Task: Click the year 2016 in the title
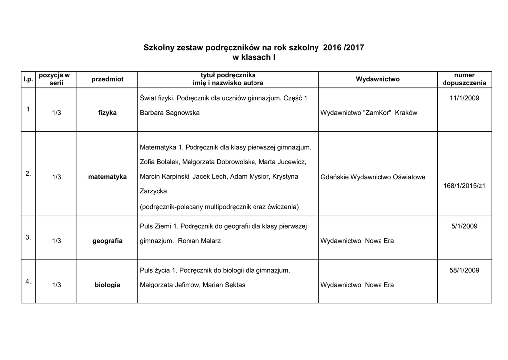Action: tap(332, 48)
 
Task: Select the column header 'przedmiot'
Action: tap(108, 79)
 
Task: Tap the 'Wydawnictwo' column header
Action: tap(378, 79)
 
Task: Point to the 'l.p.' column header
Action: tap(27, 79)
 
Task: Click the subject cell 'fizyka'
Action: tap(107, 113)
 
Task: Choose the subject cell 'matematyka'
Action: tap(107, 177)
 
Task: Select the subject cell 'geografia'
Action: tap(107, 241)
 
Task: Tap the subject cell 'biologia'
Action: tap(107, 285)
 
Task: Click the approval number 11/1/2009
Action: tap(464, 98)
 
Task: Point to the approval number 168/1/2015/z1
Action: tap(464, 186)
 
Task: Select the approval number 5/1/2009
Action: tap(464, 226)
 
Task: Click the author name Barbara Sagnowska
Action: tap(170, 113)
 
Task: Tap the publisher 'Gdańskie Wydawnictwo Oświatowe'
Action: tap(373, 177)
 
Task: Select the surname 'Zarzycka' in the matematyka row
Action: tap(153, 191)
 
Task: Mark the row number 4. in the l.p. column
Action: tap(28, 281)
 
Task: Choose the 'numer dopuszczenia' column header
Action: tap(464, 79)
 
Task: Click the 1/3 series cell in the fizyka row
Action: tap(56, 113)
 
